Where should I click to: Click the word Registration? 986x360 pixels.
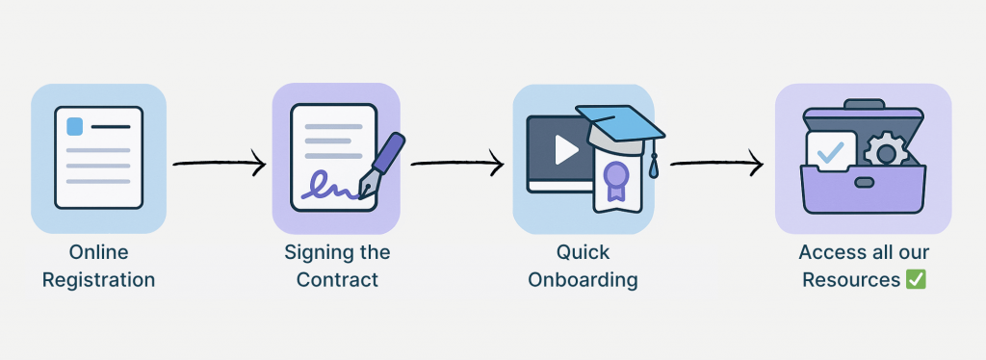[98, 281]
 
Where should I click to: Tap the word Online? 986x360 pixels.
[98, 252]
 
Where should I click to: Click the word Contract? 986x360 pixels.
[337, 281]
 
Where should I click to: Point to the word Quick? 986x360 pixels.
[583, 252]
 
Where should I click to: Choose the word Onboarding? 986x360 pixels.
[583, 281]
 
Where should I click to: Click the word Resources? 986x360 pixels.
[851, 281]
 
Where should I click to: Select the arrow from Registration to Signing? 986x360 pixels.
[219, 163]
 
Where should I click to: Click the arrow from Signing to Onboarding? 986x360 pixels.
[456, 163]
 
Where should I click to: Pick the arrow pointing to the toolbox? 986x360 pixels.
[716, 164]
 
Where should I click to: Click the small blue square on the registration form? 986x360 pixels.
[74, 127]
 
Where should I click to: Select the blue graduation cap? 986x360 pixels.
[621, 125]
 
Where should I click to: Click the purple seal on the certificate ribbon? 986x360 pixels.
[614, 175]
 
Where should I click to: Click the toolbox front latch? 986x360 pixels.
[865, 182]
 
